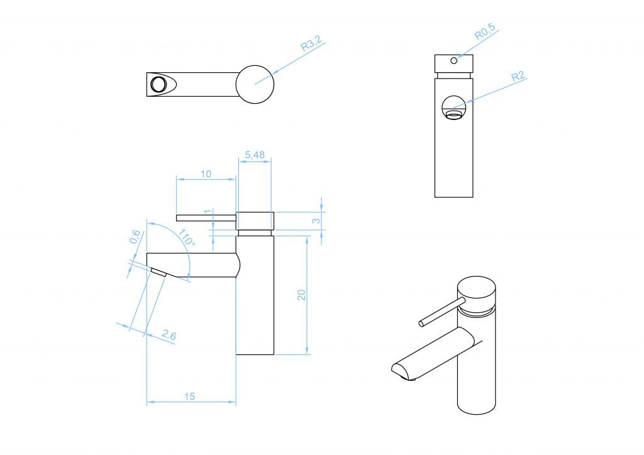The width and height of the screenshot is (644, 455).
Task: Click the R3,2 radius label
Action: tap(312, 43)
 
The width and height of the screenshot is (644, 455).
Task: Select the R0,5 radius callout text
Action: tap(485, 32)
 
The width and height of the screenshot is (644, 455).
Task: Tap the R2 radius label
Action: tap(518, 76)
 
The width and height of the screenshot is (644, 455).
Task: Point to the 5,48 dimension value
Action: tap(255, 155)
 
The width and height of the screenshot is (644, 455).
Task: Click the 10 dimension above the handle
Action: tap(206, 174)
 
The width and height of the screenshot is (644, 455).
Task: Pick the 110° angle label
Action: tap(186, 238)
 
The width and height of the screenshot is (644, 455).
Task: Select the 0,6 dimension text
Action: tap(135, 237)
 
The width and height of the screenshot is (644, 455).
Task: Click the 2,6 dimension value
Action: tap(169, 335)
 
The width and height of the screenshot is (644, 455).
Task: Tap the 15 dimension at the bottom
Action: tap(189, 397)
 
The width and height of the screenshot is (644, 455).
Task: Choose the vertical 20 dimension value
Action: tap(301, 295)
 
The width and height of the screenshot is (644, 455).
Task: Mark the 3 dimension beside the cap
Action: tap(317, 221)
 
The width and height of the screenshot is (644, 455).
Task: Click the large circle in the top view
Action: tap(255, 84)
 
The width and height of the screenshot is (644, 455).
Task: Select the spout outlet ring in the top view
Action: tap(157, 84)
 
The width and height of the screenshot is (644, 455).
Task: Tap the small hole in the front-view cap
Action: tap(454, 61)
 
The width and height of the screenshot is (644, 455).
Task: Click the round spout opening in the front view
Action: tap(454, 107)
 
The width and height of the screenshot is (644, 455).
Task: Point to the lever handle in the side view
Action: tap(206, 217)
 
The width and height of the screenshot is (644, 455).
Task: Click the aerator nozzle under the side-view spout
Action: tap(158, 272)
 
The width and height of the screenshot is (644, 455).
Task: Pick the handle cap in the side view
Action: tap(255, 221)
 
